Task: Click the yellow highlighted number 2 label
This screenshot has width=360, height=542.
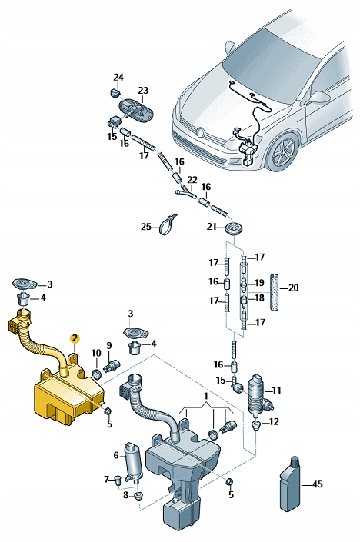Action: [x=75, y=338]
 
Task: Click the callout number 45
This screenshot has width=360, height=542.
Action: [x=316, y=485]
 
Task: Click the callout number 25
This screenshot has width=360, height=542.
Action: [x=146, y=226]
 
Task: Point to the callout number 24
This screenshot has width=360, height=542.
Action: [x=118, y=77]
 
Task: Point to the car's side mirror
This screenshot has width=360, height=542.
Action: [x=317, y=98]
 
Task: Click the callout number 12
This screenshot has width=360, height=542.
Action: [x=275, y=421]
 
